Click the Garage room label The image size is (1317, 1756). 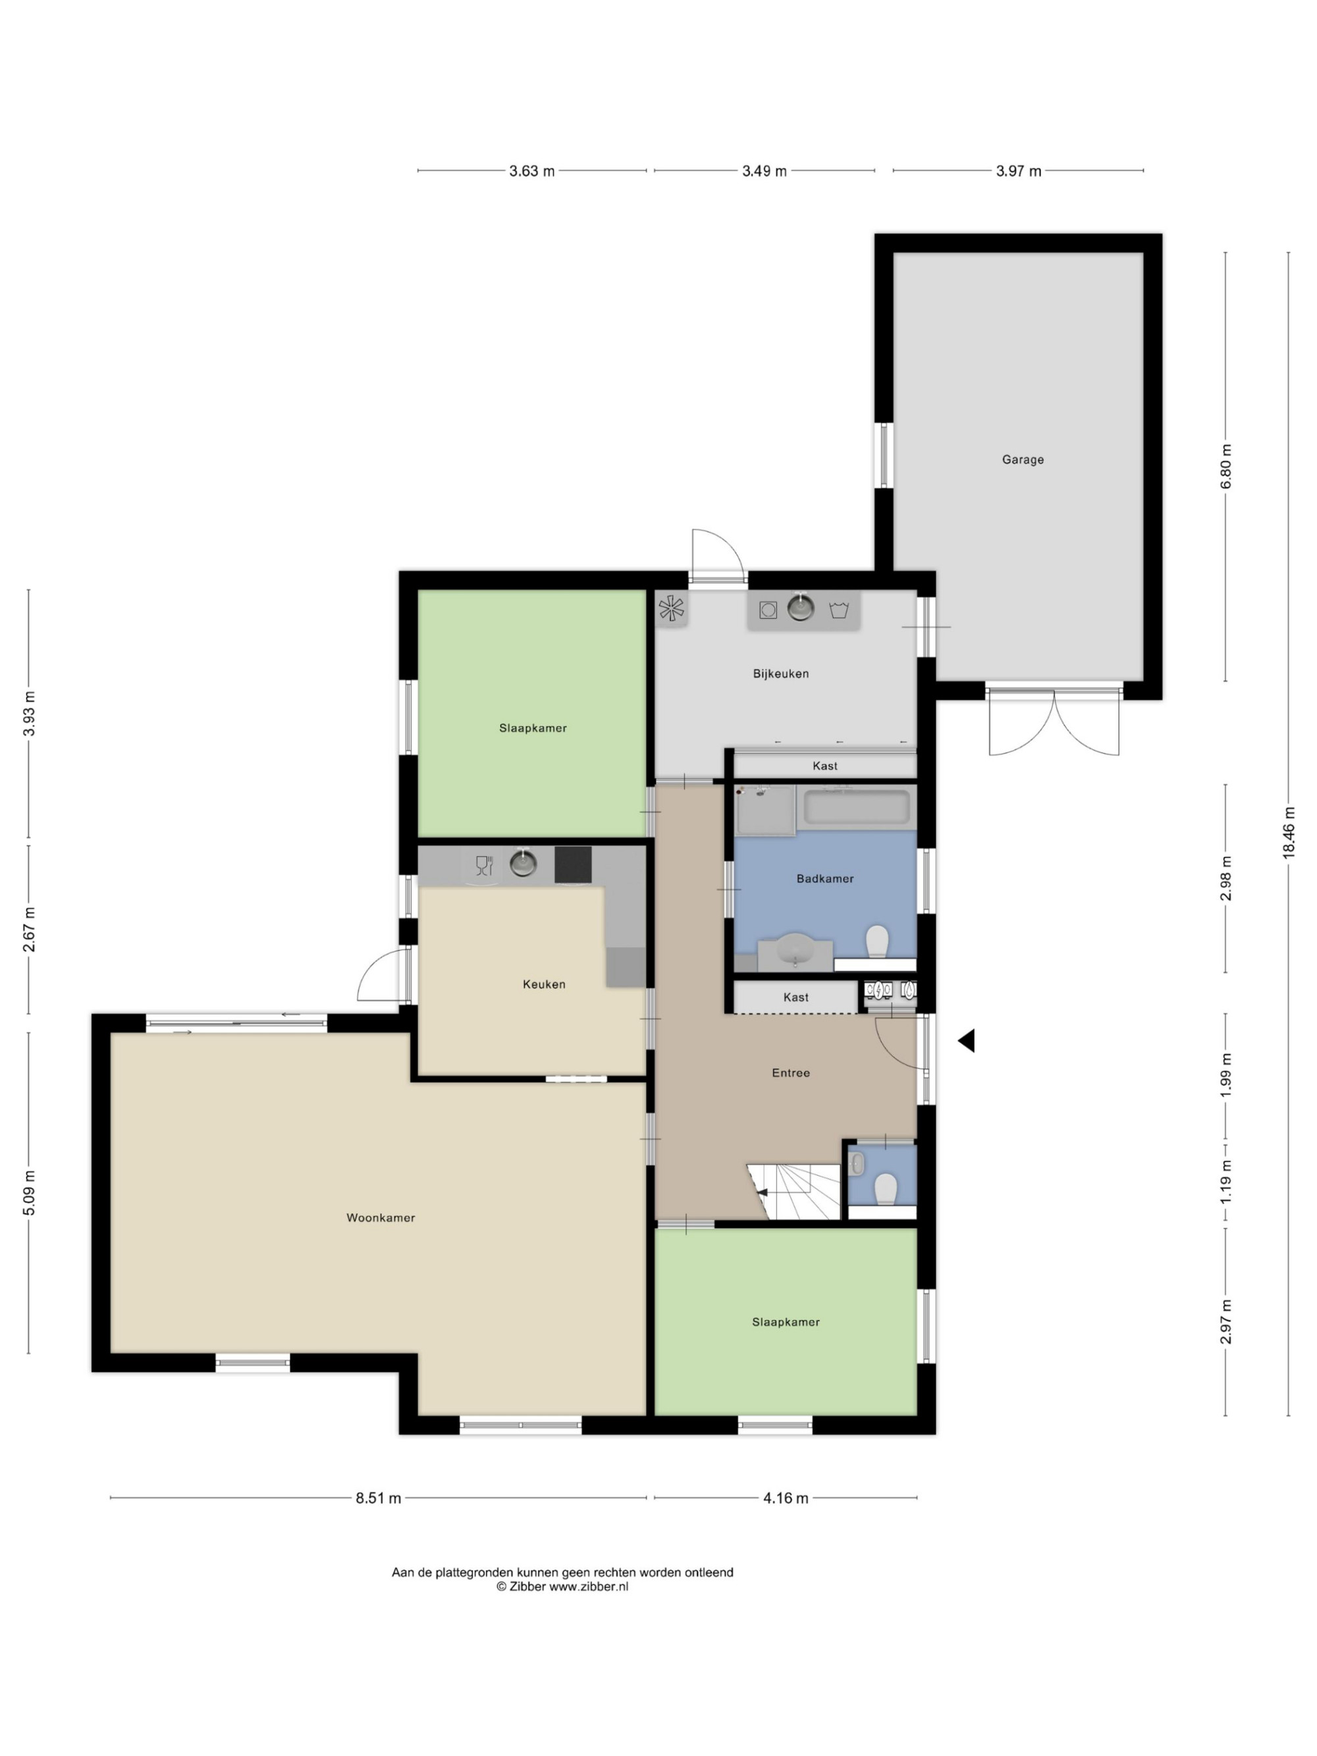pyautogui.click(x=1023, y=460)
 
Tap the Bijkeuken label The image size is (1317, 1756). pyautogui.click(x=780, y=674)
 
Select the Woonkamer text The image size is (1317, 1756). pyautogui.click(x=380, y=1218)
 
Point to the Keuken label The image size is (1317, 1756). pyautogui.click(x=544, y=984)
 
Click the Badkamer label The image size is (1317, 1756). pyautogui.click(x=825, y=879)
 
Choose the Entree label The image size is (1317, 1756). pyautogui.click(x=791, y=1073)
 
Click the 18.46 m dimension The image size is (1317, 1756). pyautogui.click(x=1289, y=832)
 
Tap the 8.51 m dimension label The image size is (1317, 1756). pyautogui.click(x=378, y=1499)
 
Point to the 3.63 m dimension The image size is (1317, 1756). pyautogui.click(x=532, y=171)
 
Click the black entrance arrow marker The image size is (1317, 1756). pyautogui.click(x=966, y=1041)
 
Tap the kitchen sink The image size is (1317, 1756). pyautogui.click(x=522, y=863)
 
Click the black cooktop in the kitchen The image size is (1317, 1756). pyautogui.click(x=572, y=865)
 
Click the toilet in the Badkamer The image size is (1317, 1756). pyautogui.click(x=876, y=942)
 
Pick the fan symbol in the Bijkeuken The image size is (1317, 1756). pyautogui.click(x=671, y=609)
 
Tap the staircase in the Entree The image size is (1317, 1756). pyautogui.click(x=794, y=1192)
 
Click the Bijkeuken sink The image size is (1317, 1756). pyautogui.click(x=800, y=608)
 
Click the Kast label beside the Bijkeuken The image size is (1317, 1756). pyautogui.click(x=825, y=766)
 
